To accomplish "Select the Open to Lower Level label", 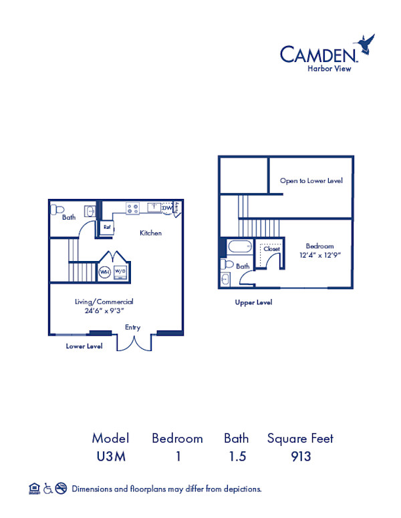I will pos(311,181).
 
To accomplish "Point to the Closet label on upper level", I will pos(272,249).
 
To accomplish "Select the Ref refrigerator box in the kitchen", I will pos(106,227).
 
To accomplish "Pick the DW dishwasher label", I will pos(167,208).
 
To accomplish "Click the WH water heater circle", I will pos(105,272).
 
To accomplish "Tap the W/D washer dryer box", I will pos(121,272).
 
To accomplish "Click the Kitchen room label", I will pos(150,233).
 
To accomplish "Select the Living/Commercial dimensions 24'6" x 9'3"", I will pos(104,310).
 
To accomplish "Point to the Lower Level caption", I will pos(84,346).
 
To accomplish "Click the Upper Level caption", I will pos(253,302).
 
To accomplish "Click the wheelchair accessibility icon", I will pos(47,489).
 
